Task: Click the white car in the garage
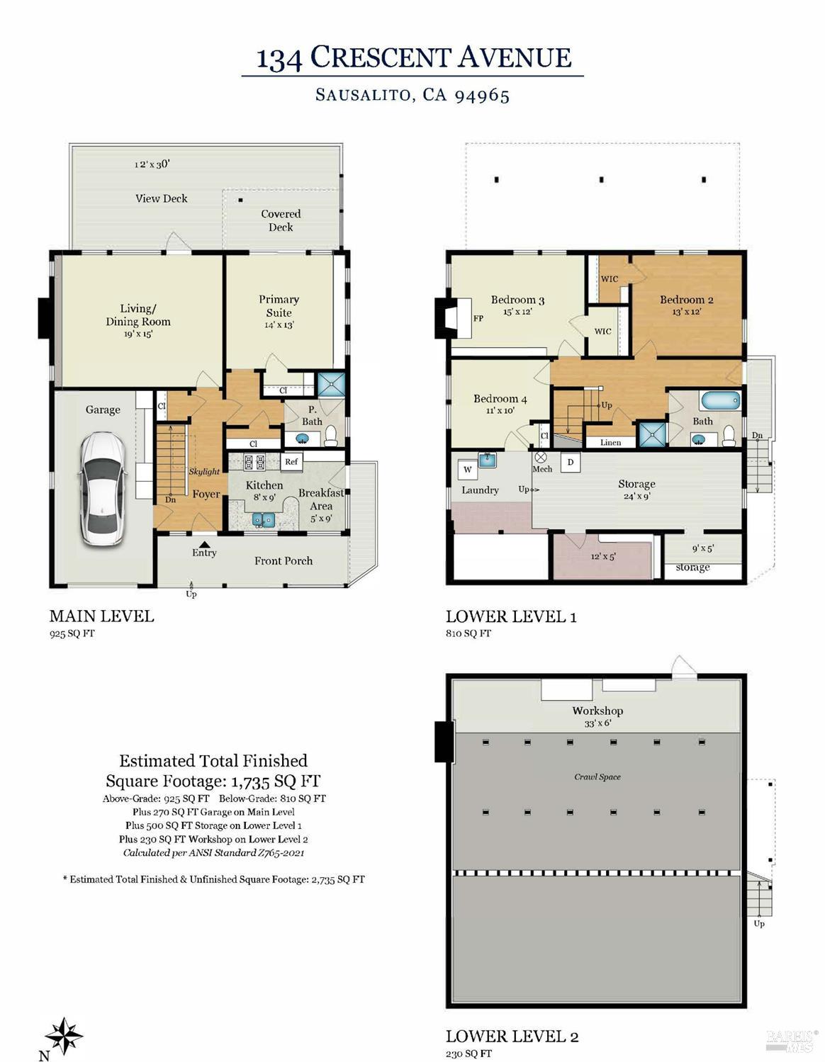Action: click(100, 489)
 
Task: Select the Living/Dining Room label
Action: click(137, 315)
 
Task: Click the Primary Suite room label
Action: click(279, 306)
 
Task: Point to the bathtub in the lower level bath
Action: click(720, 401)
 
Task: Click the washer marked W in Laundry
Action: click(467, 469)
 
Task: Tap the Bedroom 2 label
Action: click(686, 300)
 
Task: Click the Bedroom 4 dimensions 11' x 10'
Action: click(500, 410)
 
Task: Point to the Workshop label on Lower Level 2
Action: click(597, 711)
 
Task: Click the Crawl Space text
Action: click(597, 777)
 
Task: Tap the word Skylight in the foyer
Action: click(203, 472)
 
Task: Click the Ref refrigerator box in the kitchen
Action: click(291, 461)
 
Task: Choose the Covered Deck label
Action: click(281, 220)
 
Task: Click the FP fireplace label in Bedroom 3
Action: click(478, 319)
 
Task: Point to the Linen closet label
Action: click(610, 443)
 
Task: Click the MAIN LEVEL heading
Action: click(101, 616)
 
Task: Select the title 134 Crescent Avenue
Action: click(413, 58)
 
